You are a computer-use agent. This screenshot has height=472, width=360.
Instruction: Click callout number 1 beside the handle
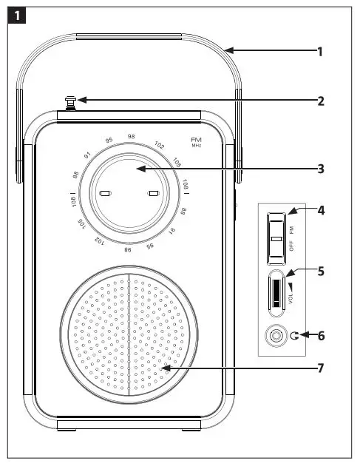[319, 52]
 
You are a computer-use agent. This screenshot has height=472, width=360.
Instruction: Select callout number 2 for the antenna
[319, 101]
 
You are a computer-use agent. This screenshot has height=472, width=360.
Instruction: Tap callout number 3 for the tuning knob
[319, 169]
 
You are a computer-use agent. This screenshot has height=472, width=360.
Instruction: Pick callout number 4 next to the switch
[319, 211]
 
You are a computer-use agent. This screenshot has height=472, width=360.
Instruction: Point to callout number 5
[319, 271]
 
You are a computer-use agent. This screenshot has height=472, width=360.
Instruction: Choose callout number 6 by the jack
[319, 335]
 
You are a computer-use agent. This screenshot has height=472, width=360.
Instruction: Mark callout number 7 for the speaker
[319, 368]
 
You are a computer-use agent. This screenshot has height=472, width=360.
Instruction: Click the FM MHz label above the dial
[196, 141]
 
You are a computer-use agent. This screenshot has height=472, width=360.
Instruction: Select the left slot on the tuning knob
[105, 194]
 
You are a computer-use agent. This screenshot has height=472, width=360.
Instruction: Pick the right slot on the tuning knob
[154, 194]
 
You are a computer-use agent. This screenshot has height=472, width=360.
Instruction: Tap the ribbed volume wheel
[275, 291]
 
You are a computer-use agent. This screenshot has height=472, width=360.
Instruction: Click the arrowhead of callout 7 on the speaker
[165, 368]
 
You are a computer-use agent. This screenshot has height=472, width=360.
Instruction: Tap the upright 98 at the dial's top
[131, 136]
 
